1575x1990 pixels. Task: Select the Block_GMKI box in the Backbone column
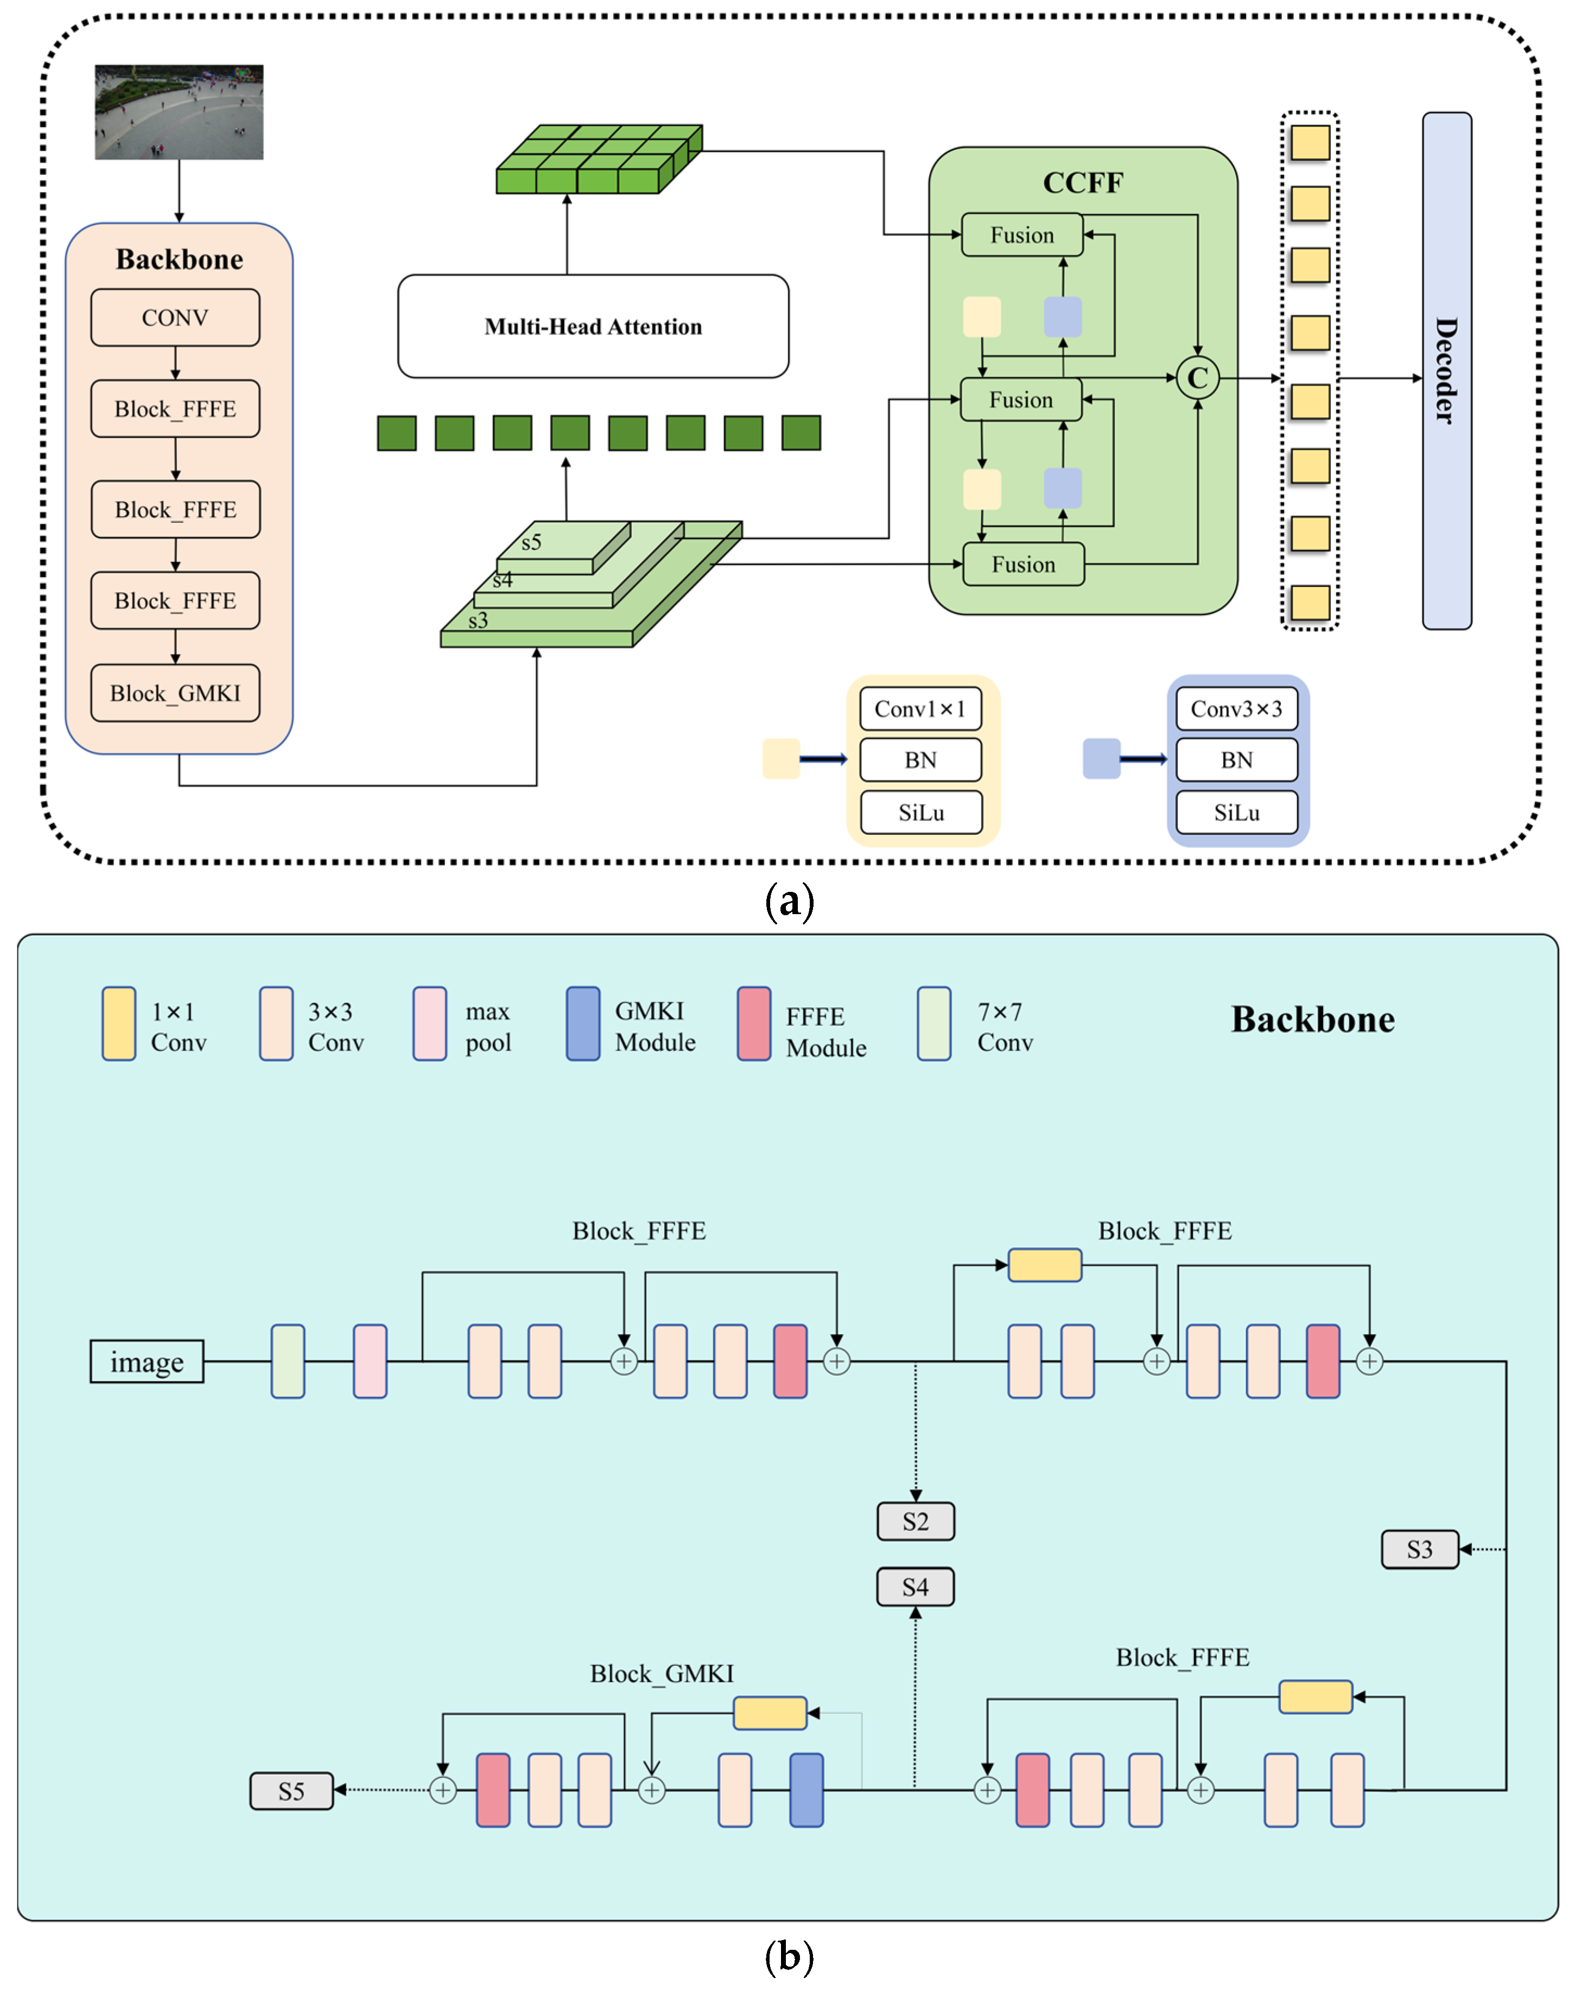(x=175, y=693)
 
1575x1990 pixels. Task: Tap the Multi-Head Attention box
(x=593, y=326)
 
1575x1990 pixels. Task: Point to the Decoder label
(x=1446, y=371)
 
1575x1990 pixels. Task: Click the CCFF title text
(x=1083, y=182)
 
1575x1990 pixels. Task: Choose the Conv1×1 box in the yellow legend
(x=920, y=709)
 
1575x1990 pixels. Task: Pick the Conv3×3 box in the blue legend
(x=1236, y=709)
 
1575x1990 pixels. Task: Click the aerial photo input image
(x=179, y=112)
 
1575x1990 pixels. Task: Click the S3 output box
(x=1419, y=1549)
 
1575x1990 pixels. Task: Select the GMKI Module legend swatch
(x=583, y=1024)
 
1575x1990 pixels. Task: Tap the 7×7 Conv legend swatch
(x=934, y=1024)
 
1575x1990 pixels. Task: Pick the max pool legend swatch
(x=430, y=1024)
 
